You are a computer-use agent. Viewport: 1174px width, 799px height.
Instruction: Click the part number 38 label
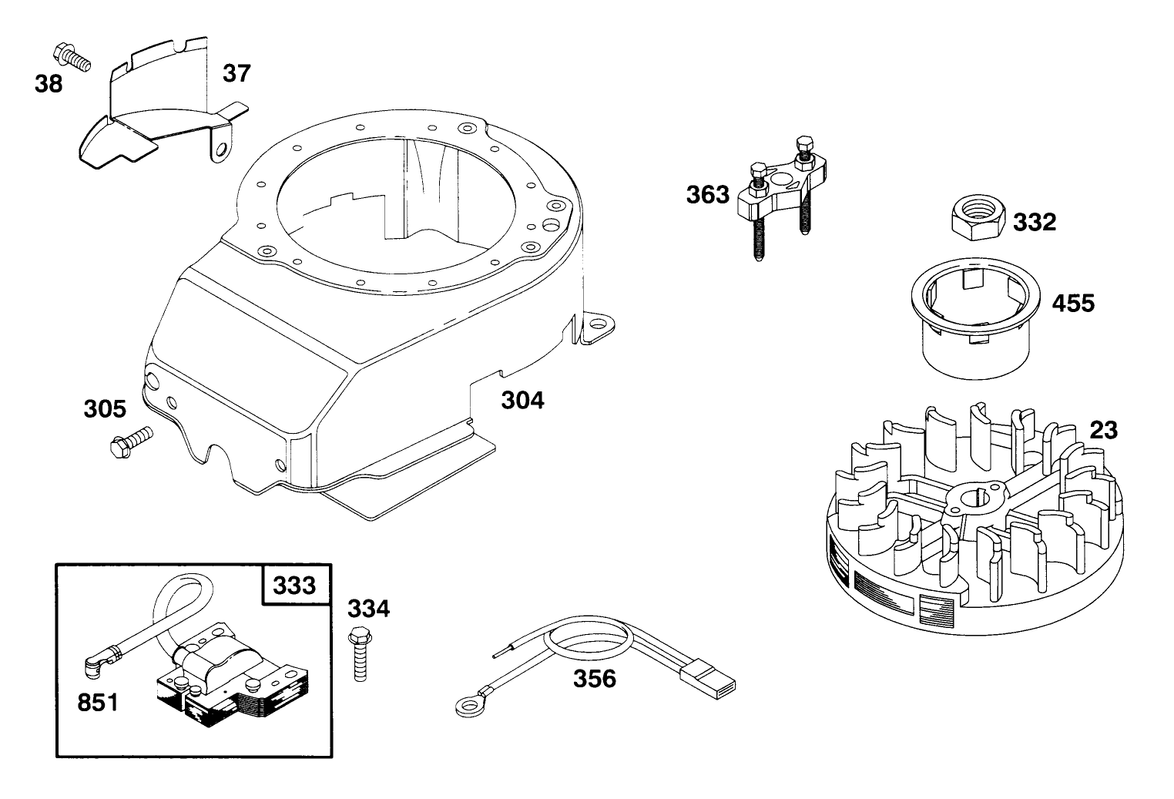pos(49,84)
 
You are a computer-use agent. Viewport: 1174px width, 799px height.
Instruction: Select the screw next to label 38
pos(72,57)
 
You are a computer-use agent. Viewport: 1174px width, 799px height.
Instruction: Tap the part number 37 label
pos(237,73)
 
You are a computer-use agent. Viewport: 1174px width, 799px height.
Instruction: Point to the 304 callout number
pos(522,401)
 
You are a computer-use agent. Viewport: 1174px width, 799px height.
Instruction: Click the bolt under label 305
pos(131,443)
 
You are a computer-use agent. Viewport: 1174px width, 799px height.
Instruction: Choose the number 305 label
pos(105,409)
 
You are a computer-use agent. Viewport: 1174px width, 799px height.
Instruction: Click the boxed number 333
pos(294,585)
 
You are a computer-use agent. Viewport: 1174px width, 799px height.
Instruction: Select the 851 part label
pos(98,703)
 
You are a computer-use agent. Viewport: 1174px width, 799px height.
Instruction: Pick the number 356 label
pos(595,678)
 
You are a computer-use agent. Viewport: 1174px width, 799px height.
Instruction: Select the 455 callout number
pos(1073,303)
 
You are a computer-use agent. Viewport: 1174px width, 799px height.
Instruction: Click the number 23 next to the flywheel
pos(1104,430)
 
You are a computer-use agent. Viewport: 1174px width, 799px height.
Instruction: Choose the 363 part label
pos(707,194)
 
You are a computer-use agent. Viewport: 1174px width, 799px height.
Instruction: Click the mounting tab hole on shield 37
pos(222,152)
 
